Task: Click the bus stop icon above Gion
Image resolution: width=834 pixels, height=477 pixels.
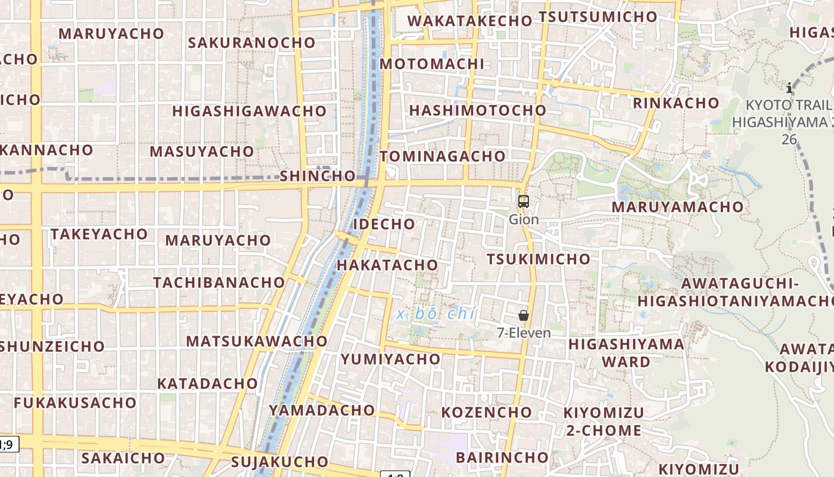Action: pos(524,202)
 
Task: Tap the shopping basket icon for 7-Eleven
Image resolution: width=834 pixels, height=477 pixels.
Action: pos(524,315)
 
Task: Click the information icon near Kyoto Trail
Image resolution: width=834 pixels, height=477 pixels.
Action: pos(789,88)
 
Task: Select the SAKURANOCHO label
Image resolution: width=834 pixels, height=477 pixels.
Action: pos(251,42)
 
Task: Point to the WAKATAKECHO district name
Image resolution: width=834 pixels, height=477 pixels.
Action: pos(469,20)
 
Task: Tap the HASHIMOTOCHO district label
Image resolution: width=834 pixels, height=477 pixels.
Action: pos(477,110)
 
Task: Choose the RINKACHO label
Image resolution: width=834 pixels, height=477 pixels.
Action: pos(676,103)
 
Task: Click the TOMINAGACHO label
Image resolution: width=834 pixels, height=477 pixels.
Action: pos(443,156)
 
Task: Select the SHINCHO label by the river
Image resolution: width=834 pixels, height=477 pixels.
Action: pos(318,176)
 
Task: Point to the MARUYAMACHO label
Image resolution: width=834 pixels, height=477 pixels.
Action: pos(677,207)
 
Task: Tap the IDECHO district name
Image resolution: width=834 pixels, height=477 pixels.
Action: pos(384,224)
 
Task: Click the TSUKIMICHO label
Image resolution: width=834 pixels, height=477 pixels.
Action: pos(539,259)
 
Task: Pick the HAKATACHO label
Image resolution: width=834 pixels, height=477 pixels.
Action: pos(387,265)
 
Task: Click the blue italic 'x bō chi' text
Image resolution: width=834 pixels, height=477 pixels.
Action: pos(435,313)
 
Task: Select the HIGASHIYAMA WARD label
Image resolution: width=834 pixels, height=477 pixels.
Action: pos(626,352)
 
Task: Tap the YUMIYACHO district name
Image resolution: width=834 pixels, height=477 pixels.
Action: pos(390,359)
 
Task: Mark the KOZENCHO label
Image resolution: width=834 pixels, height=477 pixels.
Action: pos(486,412)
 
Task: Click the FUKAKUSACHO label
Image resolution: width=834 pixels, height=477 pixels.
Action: pos(75,403)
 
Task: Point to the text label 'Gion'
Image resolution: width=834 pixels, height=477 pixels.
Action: pos(524,219)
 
